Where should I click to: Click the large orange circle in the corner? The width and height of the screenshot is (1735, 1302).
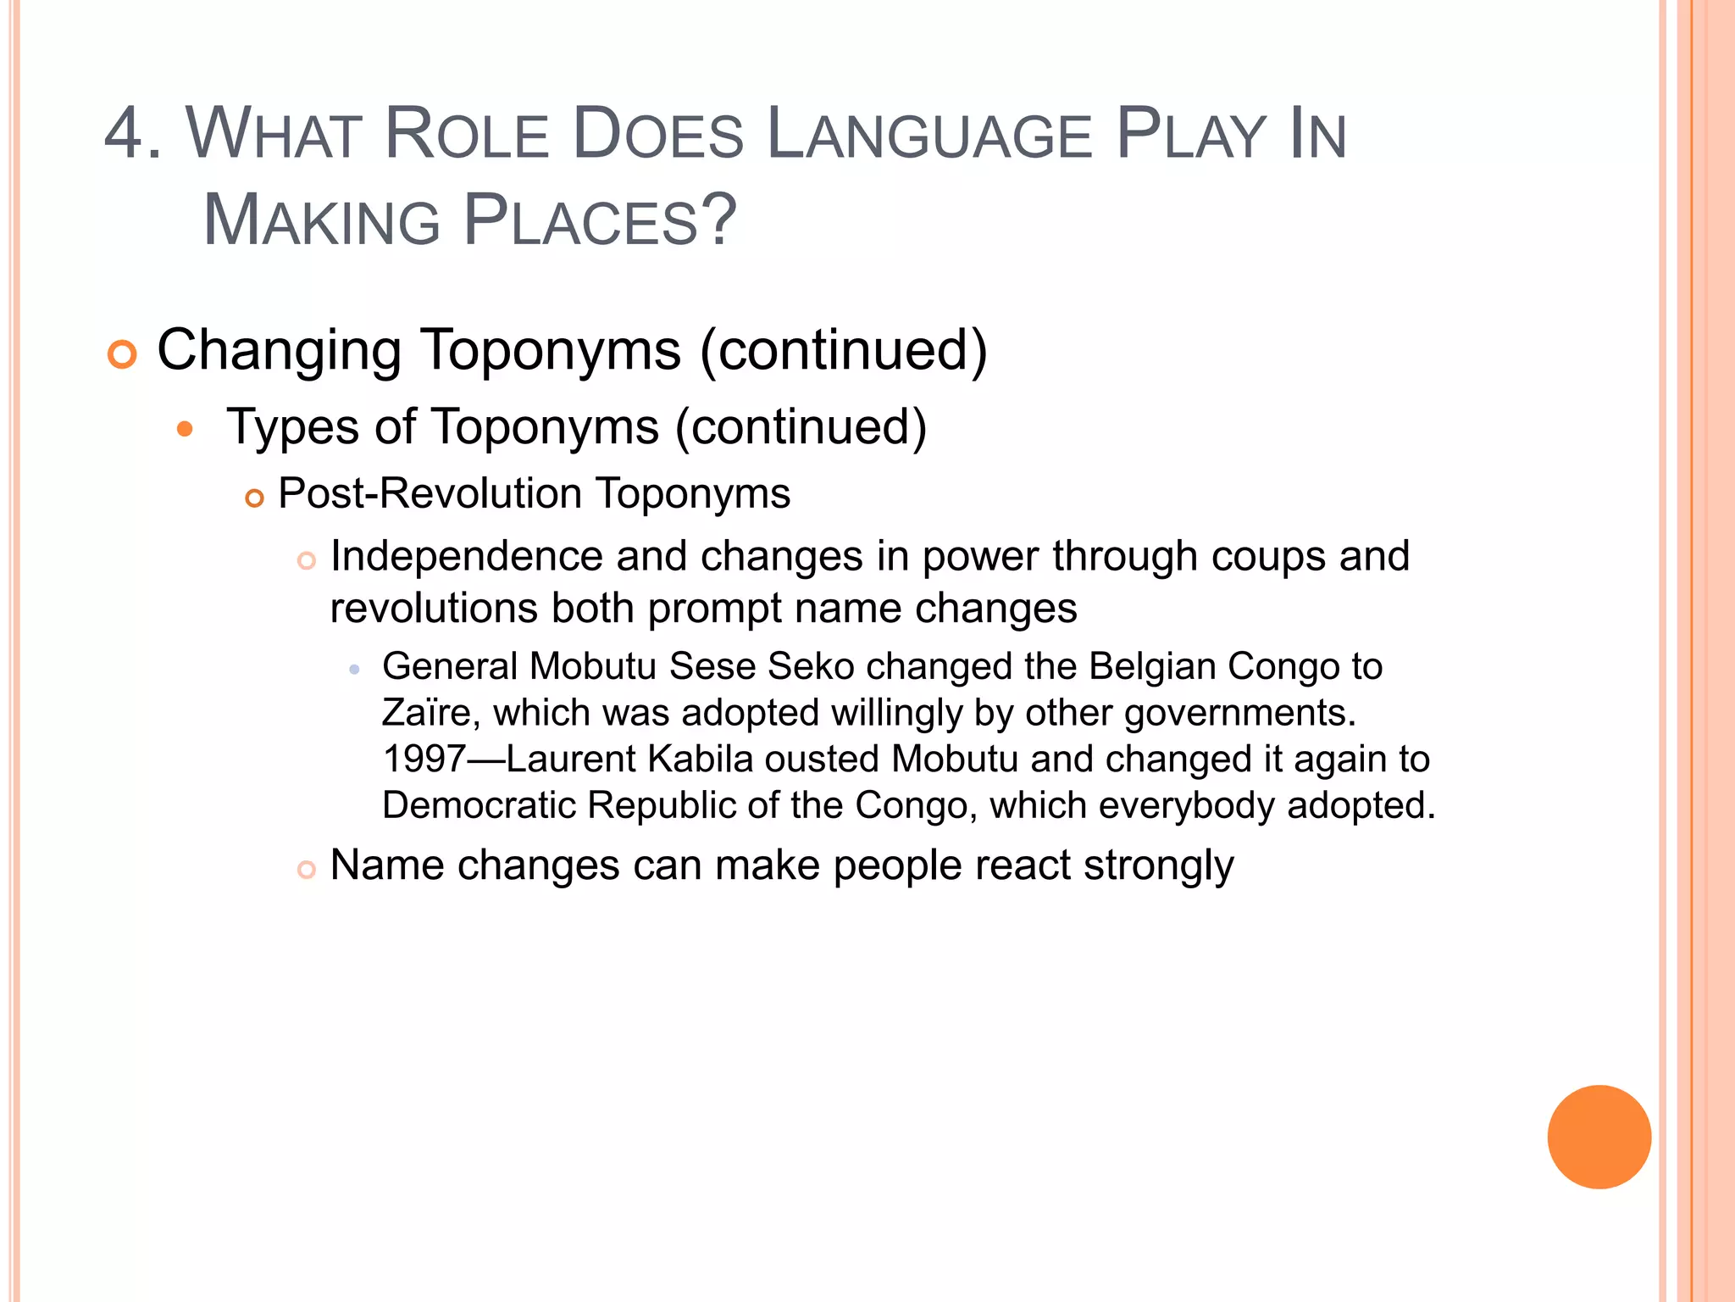click(1599, 1137)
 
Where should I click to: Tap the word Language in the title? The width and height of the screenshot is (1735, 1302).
click(929, 134)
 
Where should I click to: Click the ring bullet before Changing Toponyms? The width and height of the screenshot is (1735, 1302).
click(122, 354)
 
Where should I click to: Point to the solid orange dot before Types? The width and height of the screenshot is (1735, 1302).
click(185, 429)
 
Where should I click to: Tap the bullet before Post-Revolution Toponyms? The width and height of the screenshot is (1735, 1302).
click(254, 498)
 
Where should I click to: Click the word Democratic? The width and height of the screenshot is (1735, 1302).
click(479, 805)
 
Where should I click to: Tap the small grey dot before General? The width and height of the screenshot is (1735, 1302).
click(354, 670)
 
